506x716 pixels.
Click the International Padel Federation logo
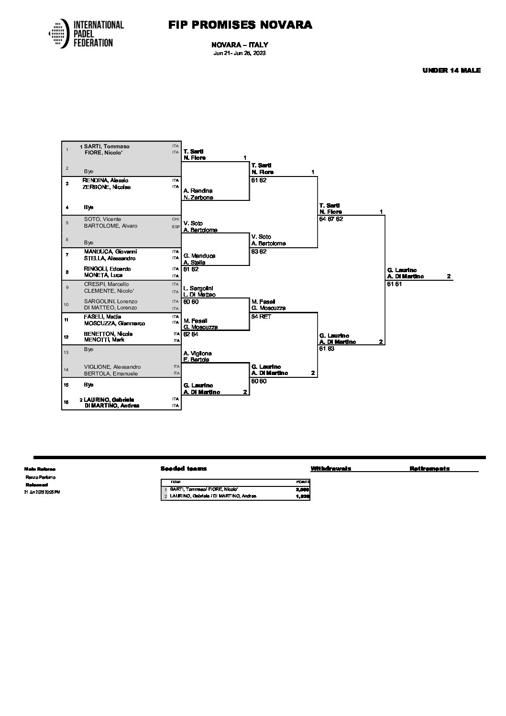86,33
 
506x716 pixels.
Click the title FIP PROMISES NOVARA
240,25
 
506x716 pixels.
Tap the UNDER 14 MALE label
451,70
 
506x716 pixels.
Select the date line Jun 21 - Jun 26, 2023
239,53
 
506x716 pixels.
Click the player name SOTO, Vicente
102,219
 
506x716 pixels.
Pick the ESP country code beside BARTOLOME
176,226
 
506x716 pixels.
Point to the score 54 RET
261,317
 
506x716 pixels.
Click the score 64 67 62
331,219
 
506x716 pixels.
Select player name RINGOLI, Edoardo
107,269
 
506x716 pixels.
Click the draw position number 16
67,402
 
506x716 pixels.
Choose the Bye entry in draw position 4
88,207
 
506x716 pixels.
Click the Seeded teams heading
184,469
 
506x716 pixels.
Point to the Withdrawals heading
330,469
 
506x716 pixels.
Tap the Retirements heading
429,469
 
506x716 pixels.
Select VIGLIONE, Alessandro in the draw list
112,367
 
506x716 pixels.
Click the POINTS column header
303,482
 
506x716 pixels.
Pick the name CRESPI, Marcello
106,284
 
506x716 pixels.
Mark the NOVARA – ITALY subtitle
239,45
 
